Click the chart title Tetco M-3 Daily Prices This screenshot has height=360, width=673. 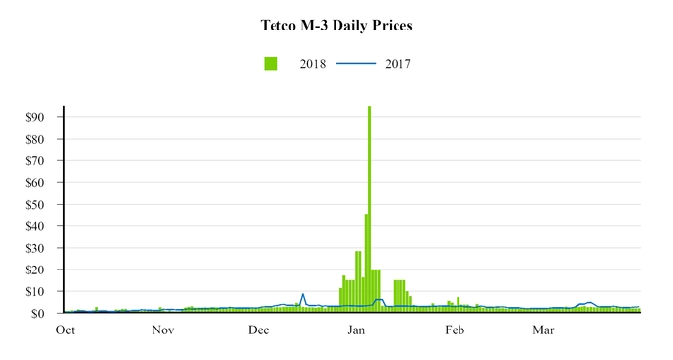point(336,24)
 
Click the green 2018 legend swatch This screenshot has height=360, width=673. point(271,64)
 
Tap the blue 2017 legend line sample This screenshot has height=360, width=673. point(357,64)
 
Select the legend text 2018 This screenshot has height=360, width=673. point(313,64)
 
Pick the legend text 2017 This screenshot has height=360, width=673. point(398,64)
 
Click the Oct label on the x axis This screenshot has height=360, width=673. point(66,330)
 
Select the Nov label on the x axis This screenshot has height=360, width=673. point(163,330)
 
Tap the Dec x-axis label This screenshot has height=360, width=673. point(258,330)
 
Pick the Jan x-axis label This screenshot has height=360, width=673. point(357,330)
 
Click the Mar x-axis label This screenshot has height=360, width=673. point(544,330)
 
